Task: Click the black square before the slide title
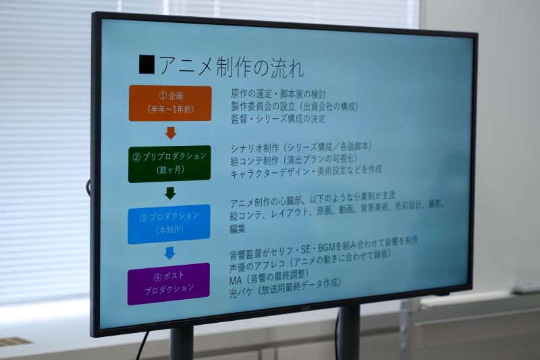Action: click(x=146, y=64)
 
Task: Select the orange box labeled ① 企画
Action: click(x=170, y=103)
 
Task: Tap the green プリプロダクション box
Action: click(x=169, y=163)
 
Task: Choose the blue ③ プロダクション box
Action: click(x=169, y=224)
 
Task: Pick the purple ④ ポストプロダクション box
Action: click(x=168, y=284)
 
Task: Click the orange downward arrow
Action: click(x=171, y=133)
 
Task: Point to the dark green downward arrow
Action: click(x=170, y=193)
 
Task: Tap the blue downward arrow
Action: click(x=169, y=253)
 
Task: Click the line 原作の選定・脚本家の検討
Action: click(x=278, y=94)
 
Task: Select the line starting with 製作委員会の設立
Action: click(x=295, y=106)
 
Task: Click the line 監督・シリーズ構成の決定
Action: click(x=278, y=119)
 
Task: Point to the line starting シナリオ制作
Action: click(x=301, y=147)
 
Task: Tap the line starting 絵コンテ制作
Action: click(x=294, y=159)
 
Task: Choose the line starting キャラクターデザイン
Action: click(x=306, y=171)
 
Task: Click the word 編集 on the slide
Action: click(x=238, y=229)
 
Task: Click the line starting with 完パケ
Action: click(x=285, y=288)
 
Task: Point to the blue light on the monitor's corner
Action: click(x=443, y=295)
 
